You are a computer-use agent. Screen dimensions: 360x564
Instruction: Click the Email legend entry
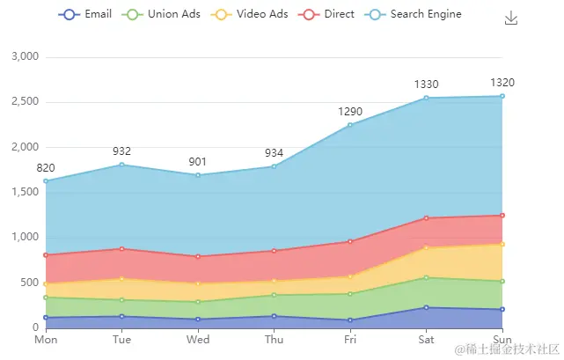click(84, 14)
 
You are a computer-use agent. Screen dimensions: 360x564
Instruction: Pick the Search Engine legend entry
click(413, 14)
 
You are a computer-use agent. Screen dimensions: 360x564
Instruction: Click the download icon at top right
click(511, 18)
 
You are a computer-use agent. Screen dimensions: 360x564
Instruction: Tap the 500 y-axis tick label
click(31, 283)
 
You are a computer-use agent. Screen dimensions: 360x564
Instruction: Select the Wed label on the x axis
click(198, 340)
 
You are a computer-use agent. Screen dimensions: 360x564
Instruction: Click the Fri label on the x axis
click(350, 340)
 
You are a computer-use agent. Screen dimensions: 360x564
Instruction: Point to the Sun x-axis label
click(502, 340)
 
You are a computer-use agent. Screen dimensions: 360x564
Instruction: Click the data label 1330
click(426, 84)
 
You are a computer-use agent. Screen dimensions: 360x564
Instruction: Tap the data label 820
click(46, 168)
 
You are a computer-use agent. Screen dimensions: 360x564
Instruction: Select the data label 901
click(198, 162)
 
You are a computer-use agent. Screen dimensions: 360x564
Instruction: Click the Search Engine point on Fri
click(350, 125)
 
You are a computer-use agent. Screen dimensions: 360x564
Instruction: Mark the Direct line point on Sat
click(426, 218)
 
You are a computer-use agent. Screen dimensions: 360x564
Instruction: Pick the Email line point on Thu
click(274, 316)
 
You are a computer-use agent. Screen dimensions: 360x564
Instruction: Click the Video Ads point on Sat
click(426, 247)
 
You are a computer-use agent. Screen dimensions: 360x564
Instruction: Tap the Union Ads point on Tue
click(122, 300)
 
